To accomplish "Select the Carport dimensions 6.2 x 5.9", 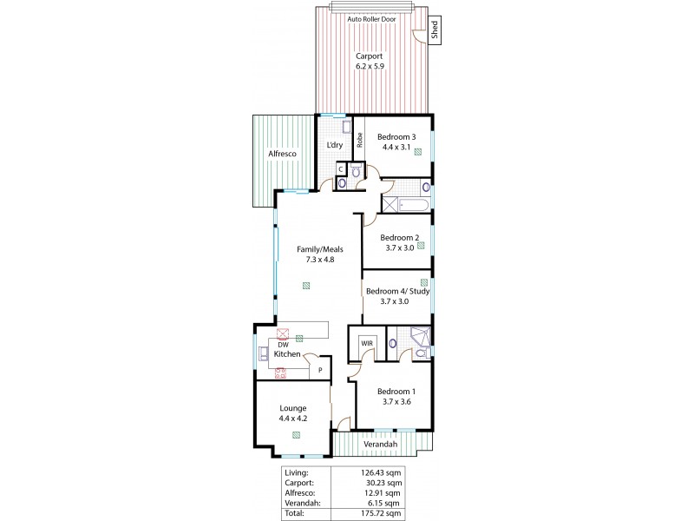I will (x=369, y=65).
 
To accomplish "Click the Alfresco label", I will (x=282, y=154).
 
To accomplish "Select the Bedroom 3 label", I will (x=396, y=136).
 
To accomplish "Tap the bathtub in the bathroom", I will (x=406, y=206).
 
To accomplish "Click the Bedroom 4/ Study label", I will (x=397, y=291).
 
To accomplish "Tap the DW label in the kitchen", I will (x=282, y=343).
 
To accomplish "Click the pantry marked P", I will (x=320, y=370).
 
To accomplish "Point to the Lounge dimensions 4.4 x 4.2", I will (x=292, y=419).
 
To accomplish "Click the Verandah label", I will (x=380, y=445).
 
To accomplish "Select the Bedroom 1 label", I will (x=396, y=391).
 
